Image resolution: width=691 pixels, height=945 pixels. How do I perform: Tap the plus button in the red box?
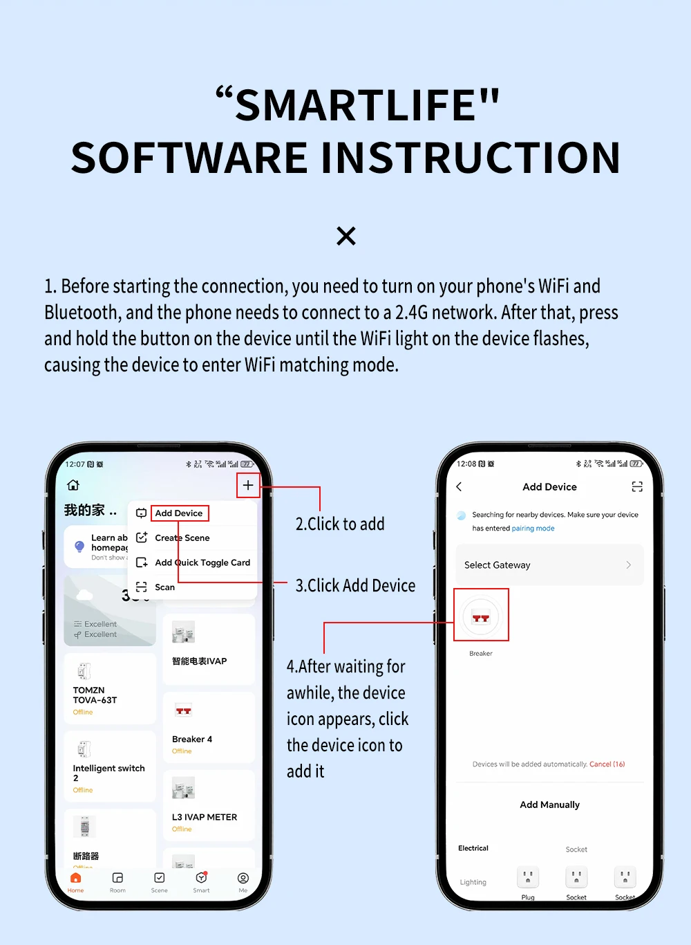pos(248,485)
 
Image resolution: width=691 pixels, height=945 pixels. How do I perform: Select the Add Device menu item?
pos(179,513)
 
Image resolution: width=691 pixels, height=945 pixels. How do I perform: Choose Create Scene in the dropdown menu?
pos(182,538)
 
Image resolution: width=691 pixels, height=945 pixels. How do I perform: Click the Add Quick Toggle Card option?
pos(202,562)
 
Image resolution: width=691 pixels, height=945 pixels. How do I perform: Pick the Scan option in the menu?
pos(164,587)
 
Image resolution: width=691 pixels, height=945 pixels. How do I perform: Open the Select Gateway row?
pos(549,565)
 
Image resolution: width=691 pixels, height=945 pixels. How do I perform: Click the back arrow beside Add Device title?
pos(460,487)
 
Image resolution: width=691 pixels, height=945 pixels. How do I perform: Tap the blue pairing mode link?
pos(533,529)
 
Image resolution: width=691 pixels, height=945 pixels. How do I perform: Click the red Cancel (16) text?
pos(607,764)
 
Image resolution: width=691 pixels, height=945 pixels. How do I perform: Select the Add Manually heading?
pos(549,805)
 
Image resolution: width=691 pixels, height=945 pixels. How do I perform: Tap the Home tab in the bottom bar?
pos(76,882)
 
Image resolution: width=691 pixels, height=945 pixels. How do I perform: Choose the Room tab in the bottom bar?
pos(117,882)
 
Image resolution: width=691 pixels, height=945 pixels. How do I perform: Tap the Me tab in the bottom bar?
pos(243,882)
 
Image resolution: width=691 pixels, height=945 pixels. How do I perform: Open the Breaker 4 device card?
pos(209,727)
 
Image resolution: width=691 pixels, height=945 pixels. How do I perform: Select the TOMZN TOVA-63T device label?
pos(95,695)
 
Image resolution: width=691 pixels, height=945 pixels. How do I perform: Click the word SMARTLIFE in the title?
pos(356,105)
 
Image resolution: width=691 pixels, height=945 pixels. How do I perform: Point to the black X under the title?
pos(346,236)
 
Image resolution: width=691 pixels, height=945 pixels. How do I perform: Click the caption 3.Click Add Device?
pos(355,586)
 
